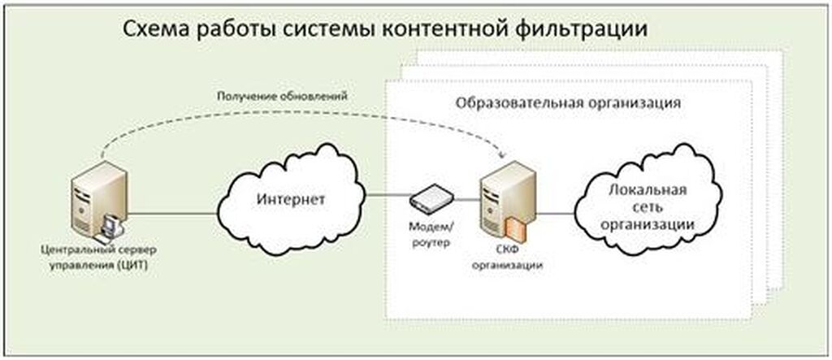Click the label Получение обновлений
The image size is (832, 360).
[x=282, y=96]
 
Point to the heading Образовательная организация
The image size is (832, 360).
[x=567, y=105]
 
